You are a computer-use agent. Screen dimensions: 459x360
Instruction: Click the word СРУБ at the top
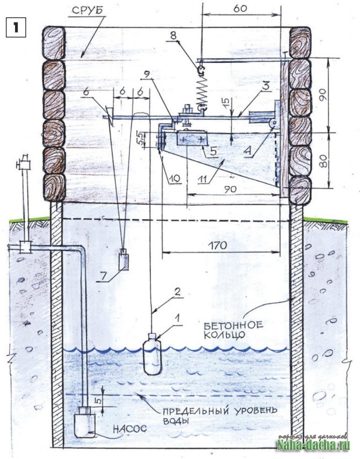[x=86, y=11]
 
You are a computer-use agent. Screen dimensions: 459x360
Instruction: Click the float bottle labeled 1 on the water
[x=152, y=355]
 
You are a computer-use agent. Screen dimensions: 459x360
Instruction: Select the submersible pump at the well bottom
[x=84, y=422]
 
